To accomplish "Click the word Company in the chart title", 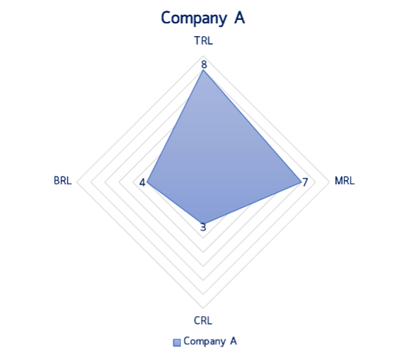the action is tap(194, 18).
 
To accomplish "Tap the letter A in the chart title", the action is tap(239, 18).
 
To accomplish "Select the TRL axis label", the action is tap(204, 41).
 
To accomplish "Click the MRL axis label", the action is tap(345, 181).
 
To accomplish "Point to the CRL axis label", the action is tap(203, 320).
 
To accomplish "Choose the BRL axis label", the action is tap(62, 181).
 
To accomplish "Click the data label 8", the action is tap(204, 64).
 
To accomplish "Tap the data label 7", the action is tap(305, 182).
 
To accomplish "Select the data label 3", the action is tap(203, 227).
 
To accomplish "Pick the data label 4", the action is tap(142, 183).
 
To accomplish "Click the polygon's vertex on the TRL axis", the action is tap(203, 70).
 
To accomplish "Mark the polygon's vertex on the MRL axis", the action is tap(300, 182).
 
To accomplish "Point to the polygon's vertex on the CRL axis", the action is tap(203, 223).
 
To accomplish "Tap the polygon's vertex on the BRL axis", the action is tap(147, 182).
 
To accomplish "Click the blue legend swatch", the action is tap(177, 342).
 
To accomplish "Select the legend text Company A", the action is tap(210, 342).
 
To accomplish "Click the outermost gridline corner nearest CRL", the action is tap(203, 308).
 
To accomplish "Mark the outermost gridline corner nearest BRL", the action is tap(77, 182).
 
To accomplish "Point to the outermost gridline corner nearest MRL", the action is tap(329, 182).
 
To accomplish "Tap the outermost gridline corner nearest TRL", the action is tap(203, 56).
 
